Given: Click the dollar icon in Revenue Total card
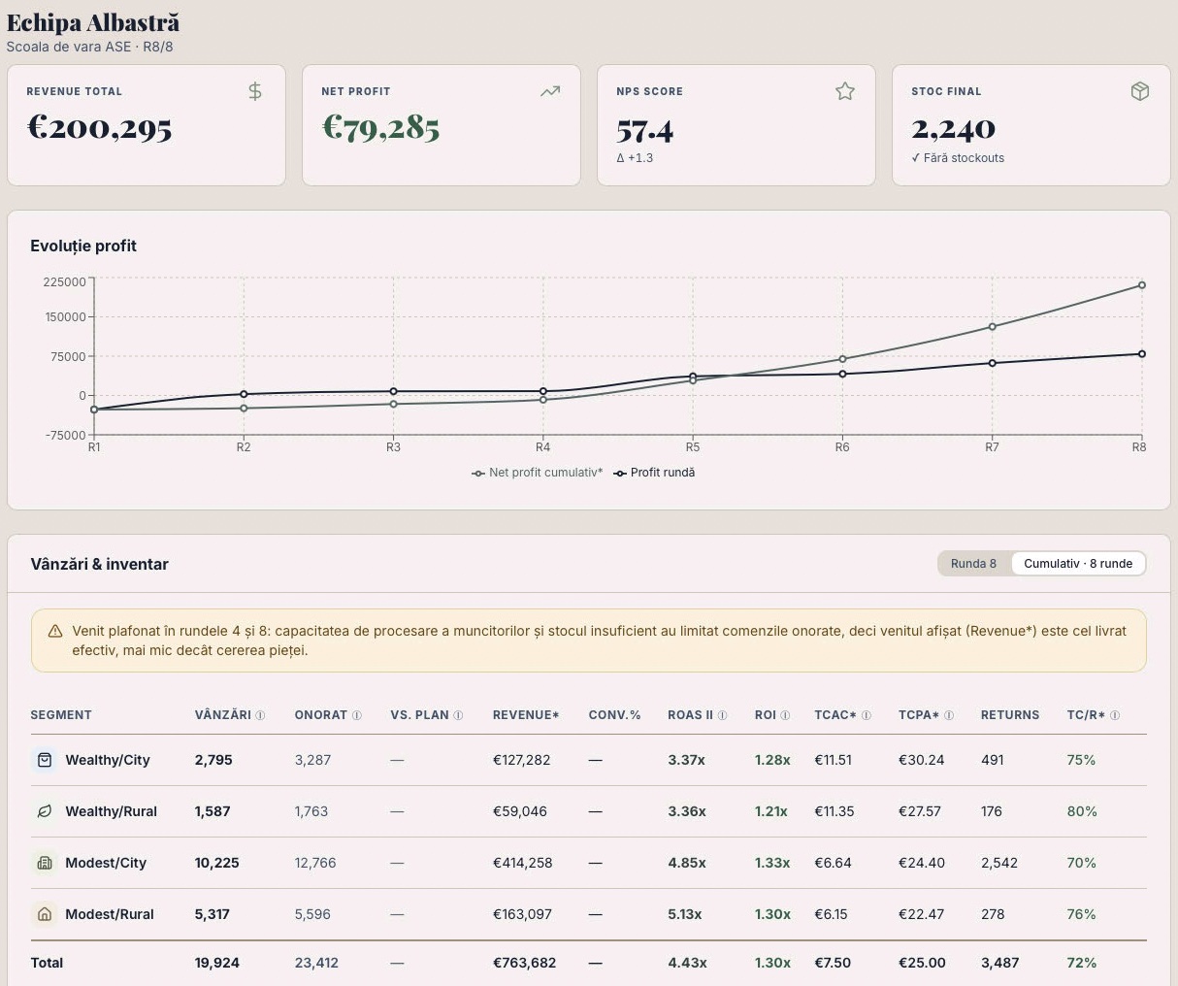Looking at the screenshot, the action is [x=255, y=91].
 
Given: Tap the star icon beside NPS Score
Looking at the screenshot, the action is [x=844, y=91].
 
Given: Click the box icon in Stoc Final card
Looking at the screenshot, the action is [x=1139, y=91].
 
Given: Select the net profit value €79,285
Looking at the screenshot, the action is [x=380, y=127].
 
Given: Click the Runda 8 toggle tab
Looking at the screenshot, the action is [x=973, y=563].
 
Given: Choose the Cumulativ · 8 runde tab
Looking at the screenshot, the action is [x=1078, y=563].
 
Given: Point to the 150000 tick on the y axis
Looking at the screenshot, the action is [x=65, y=316].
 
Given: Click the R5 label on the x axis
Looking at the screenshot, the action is [x=692, y=447].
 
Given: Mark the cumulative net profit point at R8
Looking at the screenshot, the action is [x=1141, y=285].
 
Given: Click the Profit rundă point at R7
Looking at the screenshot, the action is [x=992, y=363].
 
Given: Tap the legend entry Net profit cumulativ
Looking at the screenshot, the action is [x=538, y=473].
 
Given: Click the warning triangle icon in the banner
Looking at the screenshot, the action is [x=55, y=631].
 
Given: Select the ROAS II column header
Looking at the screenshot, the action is [x=690, y=714].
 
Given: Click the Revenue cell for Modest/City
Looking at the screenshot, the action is [x=522, y=863].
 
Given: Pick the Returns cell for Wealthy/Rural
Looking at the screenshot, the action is [x=992, y=811].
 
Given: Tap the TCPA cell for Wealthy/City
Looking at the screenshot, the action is [x=921, y=760].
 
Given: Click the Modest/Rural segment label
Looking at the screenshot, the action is [x=110, y=914].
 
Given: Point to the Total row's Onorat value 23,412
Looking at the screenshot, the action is [x=316, y=963].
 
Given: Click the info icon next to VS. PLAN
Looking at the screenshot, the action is [x=458, y=715].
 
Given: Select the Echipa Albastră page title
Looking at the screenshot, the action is [x=93, y=23].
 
